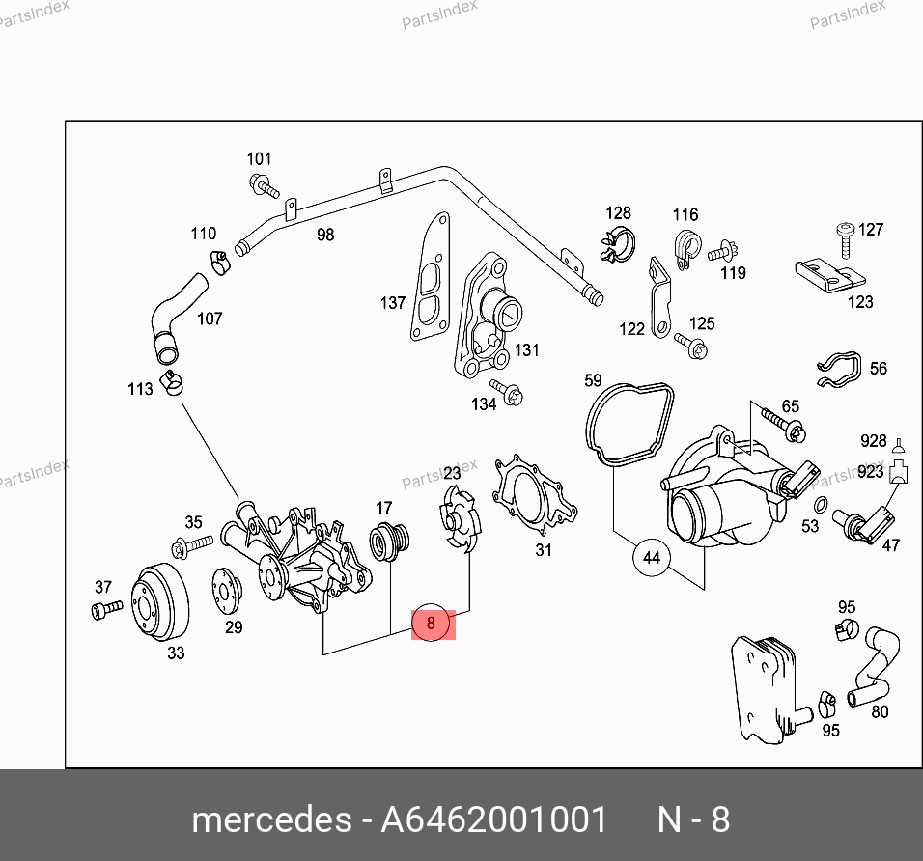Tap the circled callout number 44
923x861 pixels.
click(651, 558)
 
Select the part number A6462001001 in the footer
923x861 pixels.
click(494, 819)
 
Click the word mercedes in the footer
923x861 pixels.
click(271, 819)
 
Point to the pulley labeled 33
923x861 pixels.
click(159, 602)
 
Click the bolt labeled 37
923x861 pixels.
click(106, 609)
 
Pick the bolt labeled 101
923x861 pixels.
click(264, 185)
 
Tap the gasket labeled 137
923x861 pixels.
click(430, 277)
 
